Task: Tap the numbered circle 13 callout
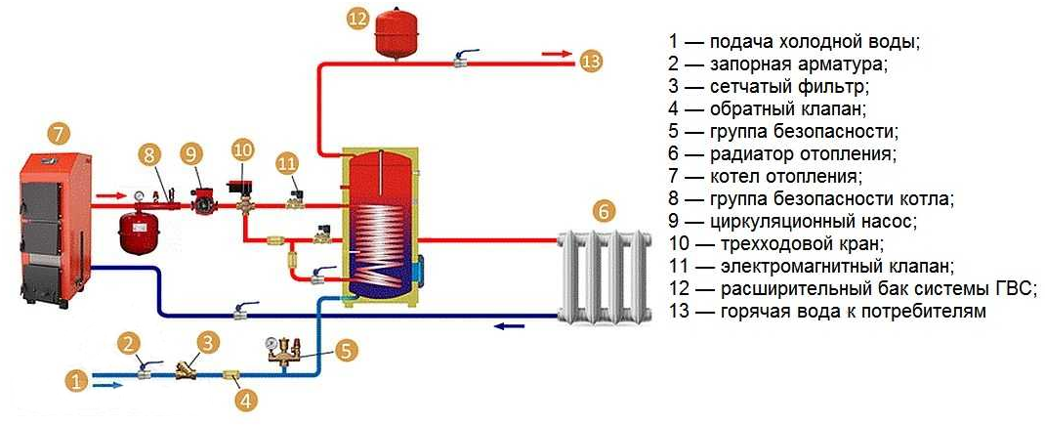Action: point(591,62)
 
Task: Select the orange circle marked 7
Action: point(59,134)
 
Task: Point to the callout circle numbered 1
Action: point(77,382)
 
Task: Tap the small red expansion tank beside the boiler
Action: point(137,233)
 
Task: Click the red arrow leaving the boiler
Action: point(110,196)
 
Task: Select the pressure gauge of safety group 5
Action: point(272,343)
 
